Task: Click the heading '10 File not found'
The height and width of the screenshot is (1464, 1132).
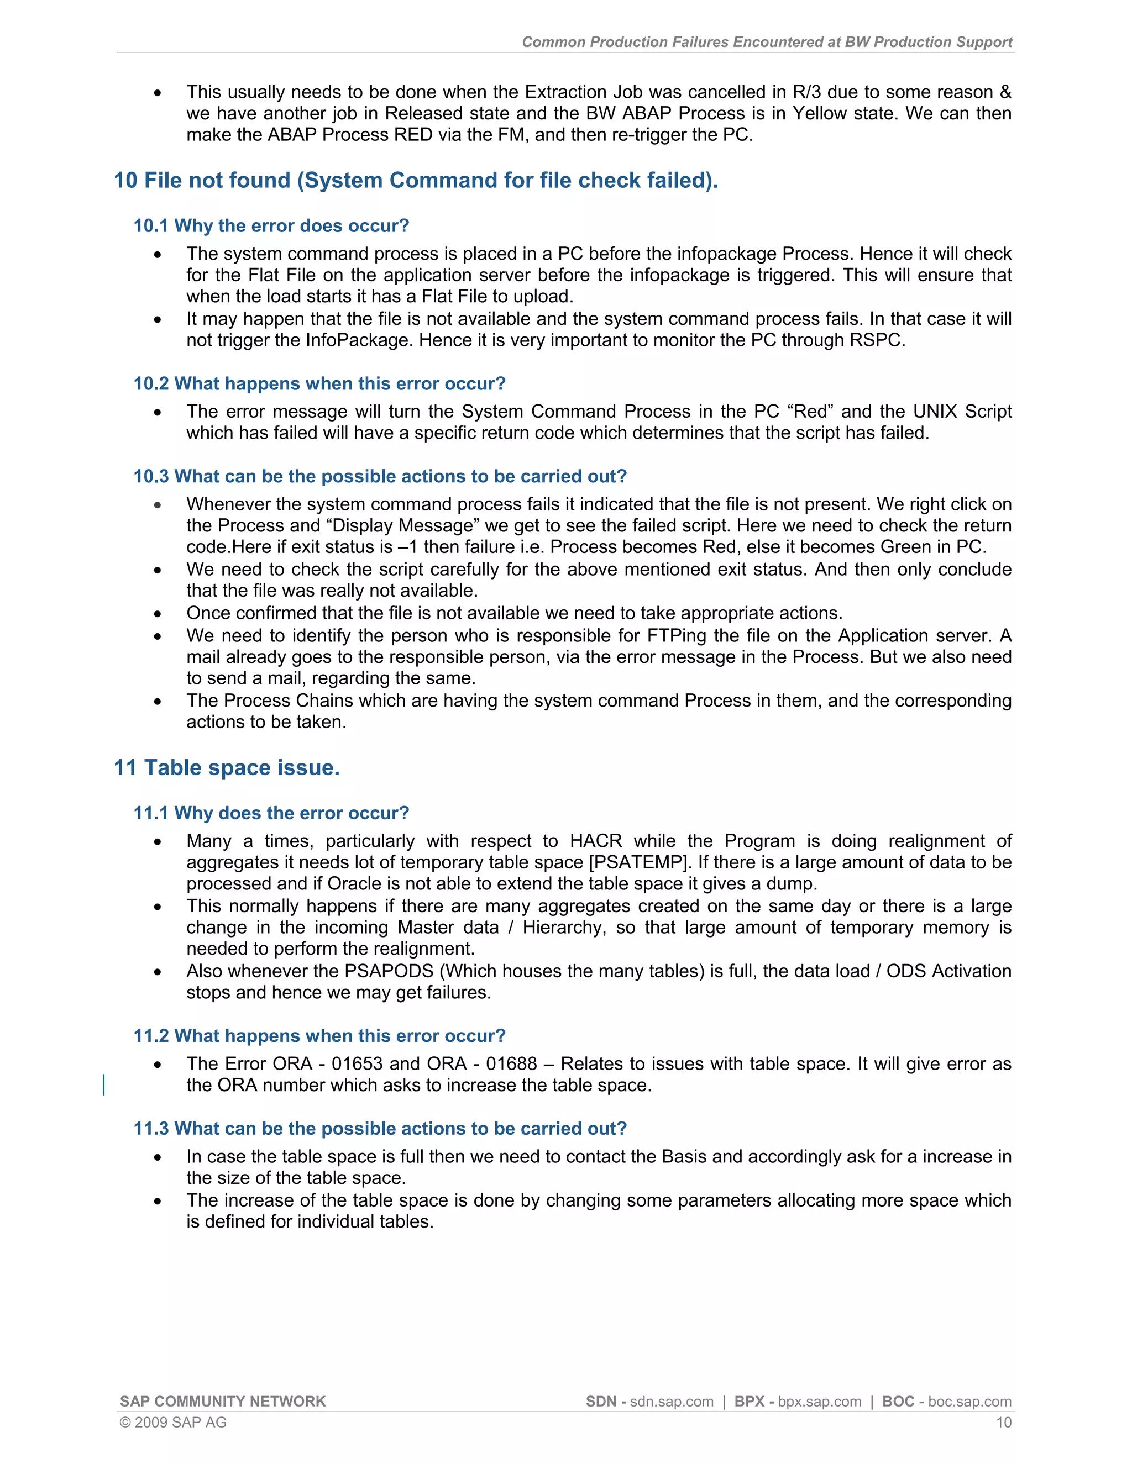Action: coord(415,180)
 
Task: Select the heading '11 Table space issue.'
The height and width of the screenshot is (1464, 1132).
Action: coord(227,767)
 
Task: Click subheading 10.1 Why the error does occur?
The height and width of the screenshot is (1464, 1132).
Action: coord(271,226)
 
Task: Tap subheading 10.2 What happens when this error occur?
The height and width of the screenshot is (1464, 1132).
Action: coord(319,383)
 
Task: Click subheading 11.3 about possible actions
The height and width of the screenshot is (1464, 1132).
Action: coord(380,1128)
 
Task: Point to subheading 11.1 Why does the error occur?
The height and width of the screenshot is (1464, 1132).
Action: coord(271,813)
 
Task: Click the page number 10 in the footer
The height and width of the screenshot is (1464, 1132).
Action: coord(1003,1423)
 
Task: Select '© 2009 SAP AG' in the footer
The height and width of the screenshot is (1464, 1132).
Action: coord(173,1423)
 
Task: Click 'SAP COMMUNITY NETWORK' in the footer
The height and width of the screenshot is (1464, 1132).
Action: coord(223,1402)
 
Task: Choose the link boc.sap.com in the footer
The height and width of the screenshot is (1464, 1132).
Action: coord(969,1402)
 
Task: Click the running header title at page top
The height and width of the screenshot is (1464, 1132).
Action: coord(767,42)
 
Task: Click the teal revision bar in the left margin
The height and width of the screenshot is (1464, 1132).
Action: coord(104,1084)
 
